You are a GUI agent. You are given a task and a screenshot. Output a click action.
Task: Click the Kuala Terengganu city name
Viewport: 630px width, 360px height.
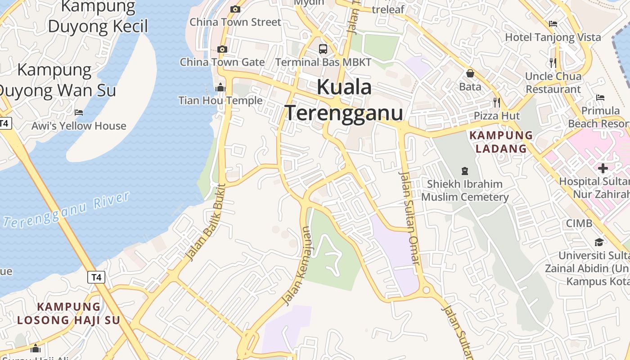[x=344, y=100]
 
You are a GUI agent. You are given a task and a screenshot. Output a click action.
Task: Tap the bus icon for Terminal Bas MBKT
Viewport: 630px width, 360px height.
[x=323, y=49]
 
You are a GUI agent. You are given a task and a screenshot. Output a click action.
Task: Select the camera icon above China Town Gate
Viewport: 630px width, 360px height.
[x=222, y=49]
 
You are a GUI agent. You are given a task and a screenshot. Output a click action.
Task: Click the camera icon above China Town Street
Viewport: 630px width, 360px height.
[x=235, y=9]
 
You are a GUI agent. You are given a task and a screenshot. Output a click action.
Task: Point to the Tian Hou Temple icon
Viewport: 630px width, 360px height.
[x=220, y=87]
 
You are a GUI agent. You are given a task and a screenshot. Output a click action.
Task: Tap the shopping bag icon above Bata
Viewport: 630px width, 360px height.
[x=470, y=73]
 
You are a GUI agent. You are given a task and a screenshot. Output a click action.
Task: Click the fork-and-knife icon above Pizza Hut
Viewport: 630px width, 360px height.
[x=496, y=103]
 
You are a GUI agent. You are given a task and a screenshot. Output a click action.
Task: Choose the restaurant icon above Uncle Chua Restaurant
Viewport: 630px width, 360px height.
[x=553, y=63]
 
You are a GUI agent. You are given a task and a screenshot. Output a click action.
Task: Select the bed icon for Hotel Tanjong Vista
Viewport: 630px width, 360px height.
[x=553, y=24]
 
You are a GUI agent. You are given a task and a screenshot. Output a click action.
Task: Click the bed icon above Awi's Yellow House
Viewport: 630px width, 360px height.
[x=79, y=112]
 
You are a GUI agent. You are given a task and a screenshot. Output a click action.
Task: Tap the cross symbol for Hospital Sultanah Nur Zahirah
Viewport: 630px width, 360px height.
[x=603, y=168]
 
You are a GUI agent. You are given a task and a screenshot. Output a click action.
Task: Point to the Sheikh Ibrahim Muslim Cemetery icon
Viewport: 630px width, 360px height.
[x=464, y=171]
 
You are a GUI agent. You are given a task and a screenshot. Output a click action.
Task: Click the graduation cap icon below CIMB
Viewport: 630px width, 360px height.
[x=598, y=243]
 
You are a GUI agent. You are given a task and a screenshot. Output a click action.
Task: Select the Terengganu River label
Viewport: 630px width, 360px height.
[x=67, y=210]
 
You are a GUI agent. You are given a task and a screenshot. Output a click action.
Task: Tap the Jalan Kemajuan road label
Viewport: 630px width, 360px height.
[x=297, y=265]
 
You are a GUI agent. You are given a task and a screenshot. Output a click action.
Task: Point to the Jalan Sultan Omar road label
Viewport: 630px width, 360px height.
[x=410, y=218]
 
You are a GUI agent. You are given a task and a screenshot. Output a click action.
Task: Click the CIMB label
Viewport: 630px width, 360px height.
[x=579, y=223]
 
